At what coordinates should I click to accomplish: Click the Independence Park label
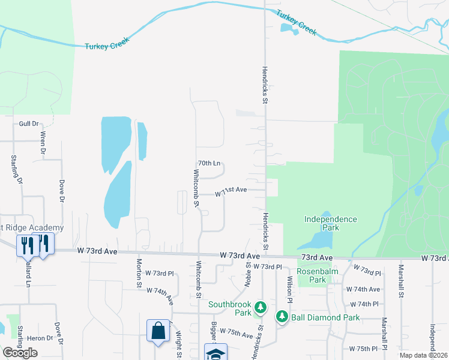(330, 223)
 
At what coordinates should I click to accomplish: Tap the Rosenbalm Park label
(318, 275)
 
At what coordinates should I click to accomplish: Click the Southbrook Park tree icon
(260, 308)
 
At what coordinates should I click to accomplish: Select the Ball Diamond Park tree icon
(282, 316)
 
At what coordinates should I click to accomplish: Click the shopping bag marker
(157, 331)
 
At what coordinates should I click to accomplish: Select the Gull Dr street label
(28, 124)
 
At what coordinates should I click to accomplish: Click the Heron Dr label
(40, 338)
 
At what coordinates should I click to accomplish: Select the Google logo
(20, 353)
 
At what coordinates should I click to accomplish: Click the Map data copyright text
(423, 355)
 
